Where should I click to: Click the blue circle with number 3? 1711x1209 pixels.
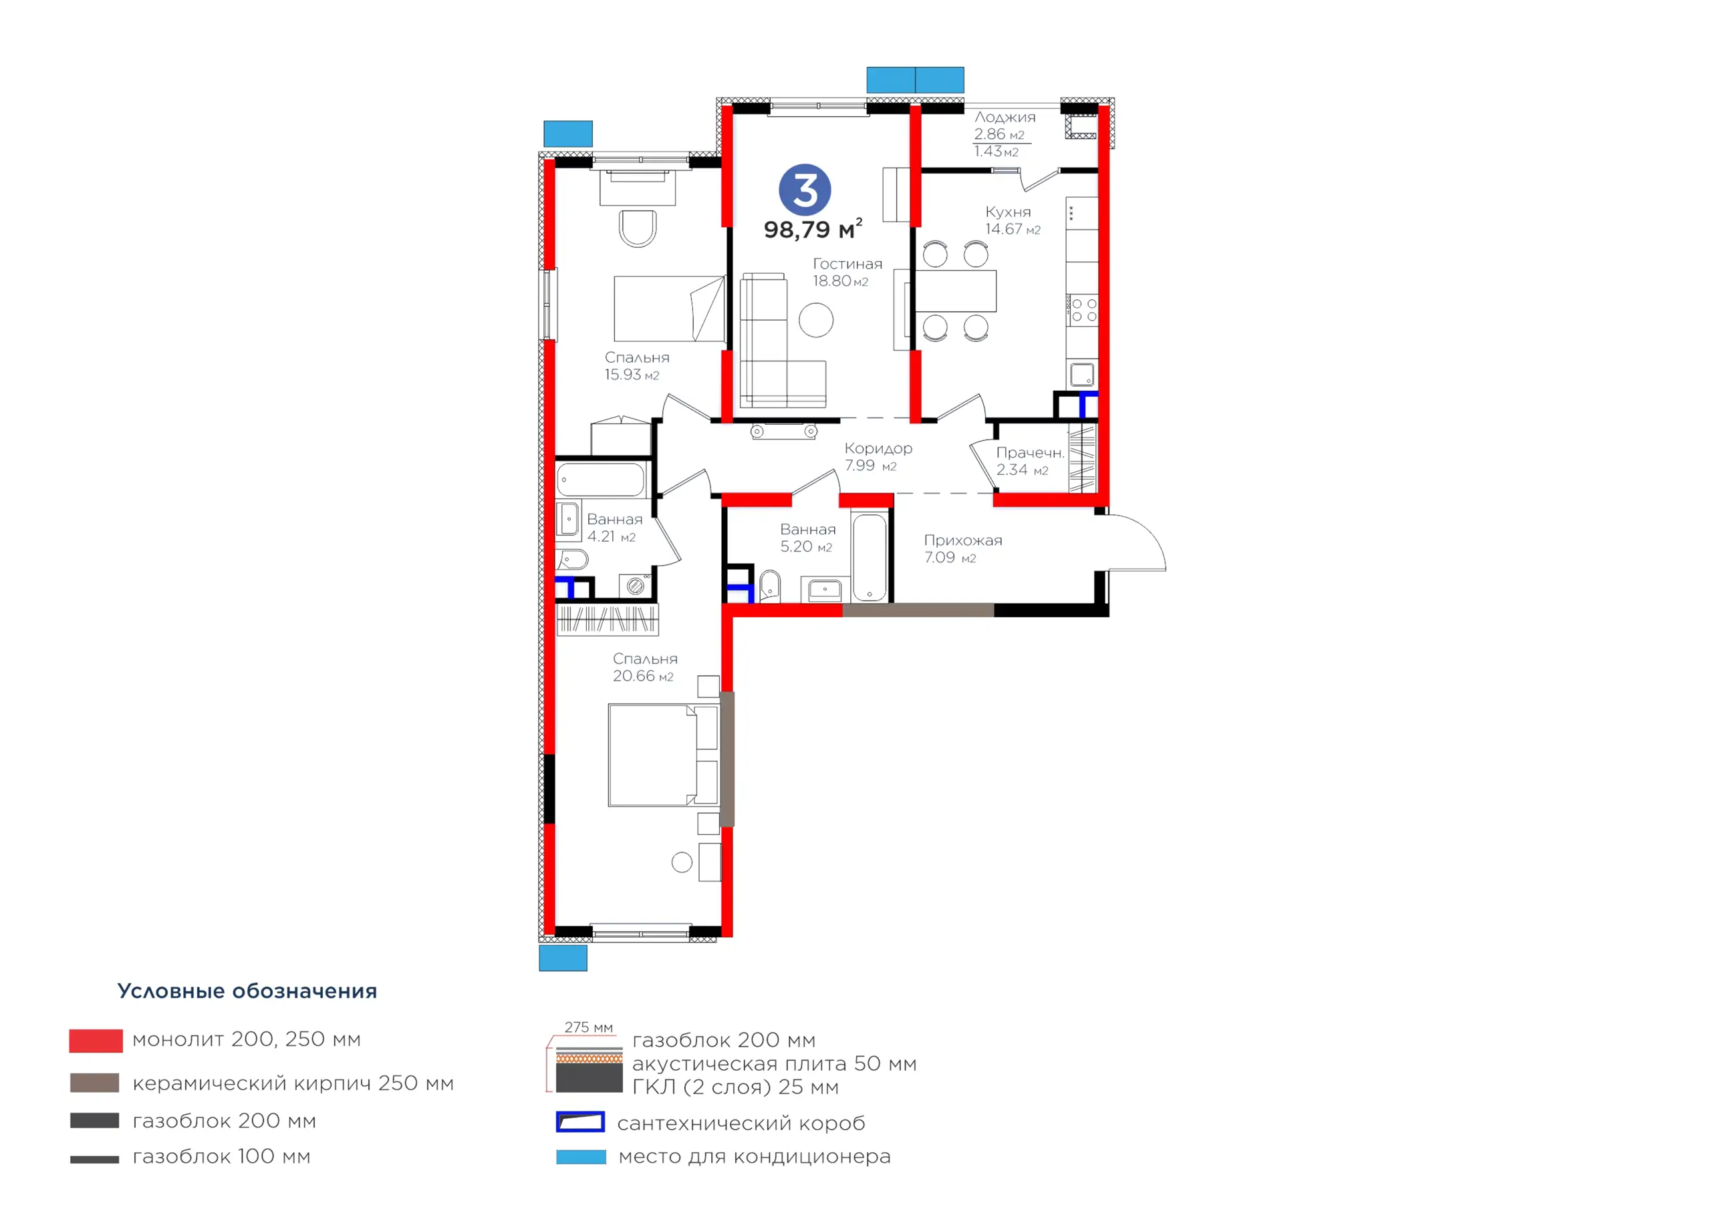pyautogui.click(x=804, y=189)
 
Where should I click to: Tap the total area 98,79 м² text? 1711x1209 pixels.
pyautogui.click(x=813, y=228)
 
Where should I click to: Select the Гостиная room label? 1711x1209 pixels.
pyautogui.click(x=847, y=264)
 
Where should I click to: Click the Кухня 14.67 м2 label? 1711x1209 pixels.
pyautogui.click(x=1012, y=220)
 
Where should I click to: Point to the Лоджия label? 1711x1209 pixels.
pyautogui.click(x=1005, y=117)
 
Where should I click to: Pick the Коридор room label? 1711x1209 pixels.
pyautogui.click(x=878, y=448)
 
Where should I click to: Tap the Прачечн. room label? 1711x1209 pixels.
pyautogui.click(x=1030, y=452)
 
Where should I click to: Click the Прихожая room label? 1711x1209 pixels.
pyautogui.click(x=963, y=540)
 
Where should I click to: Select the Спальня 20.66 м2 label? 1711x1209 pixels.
pyautogui.click(x=644, y=667)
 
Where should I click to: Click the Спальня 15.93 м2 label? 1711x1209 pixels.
pyautogui.click(x=636, y=366)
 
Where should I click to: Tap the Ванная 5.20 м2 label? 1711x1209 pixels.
pyautogui.click(x=807, y=538)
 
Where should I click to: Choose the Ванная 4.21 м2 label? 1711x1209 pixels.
pyautogui.click(x=614, y=528)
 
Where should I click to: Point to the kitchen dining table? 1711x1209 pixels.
pyautogui.click(x=955, y=291)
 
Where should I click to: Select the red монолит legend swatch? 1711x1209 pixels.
pyautogui.click(x=96, y=1041)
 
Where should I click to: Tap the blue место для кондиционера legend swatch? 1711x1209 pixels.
pyautogui.click(x=581, y=1157)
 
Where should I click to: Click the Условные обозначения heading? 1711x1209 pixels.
pyautogui.click(x=247, y=991)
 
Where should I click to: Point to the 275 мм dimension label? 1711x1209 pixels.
pyautogui.click(x=588, y=1027)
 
